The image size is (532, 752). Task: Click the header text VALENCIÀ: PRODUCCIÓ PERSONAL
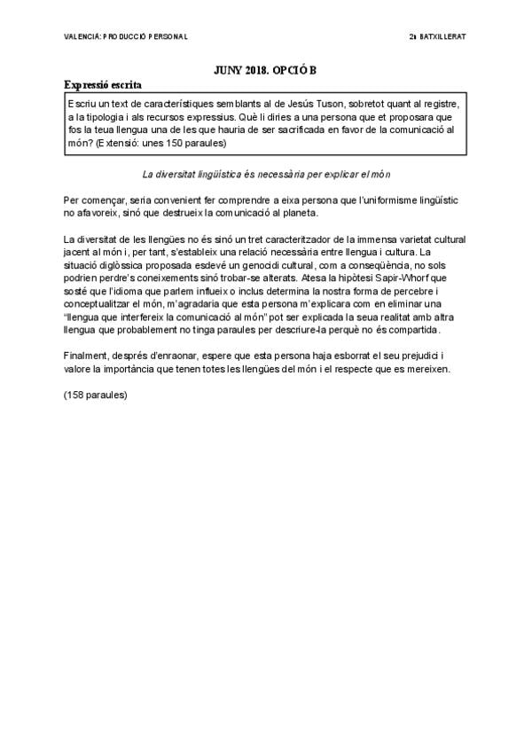point(126,36)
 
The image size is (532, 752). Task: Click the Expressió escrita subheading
point(103,85)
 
